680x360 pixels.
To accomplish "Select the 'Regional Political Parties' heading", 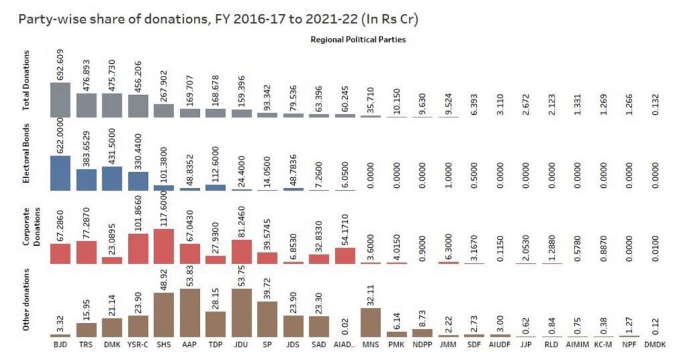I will point(358,40).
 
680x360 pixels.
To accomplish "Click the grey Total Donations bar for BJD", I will point(60,100).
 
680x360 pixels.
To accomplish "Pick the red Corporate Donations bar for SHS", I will point(164,246).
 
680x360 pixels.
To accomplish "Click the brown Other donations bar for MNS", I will point(371,322).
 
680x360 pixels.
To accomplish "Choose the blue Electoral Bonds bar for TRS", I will point(86,179).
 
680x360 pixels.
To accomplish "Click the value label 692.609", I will point(60,64).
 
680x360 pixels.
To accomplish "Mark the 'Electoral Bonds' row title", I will point(27,163).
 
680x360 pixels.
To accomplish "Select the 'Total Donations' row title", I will point(27,94).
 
